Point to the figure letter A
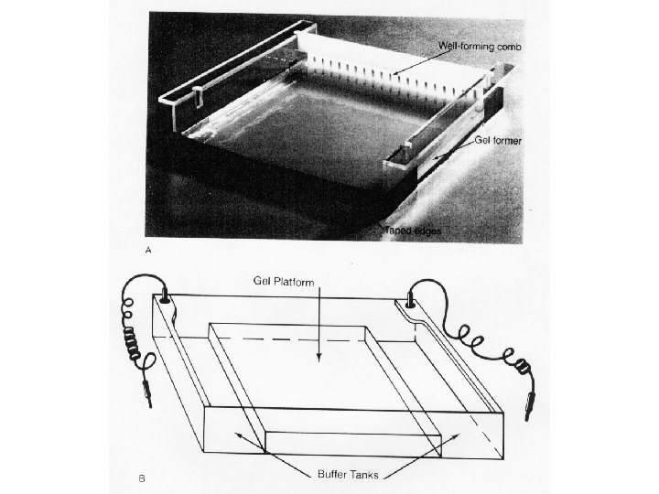point(150,247)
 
